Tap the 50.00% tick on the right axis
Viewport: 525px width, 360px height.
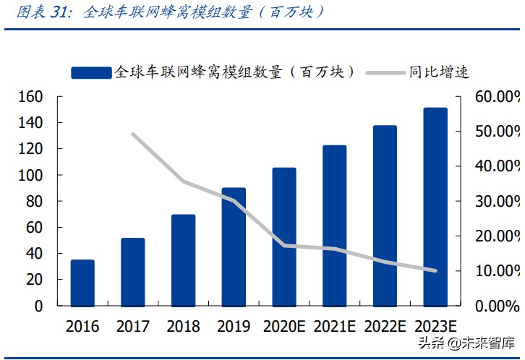pos(498,132)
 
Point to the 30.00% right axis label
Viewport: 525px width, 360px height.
pos(498,201)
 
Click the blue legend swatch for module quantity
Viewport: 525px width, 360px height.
pos(91,72)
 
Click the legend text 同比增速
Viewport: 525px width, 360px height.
pos(439,72)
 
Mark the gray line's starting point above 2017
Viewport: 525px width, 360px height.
pos(133,134)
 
